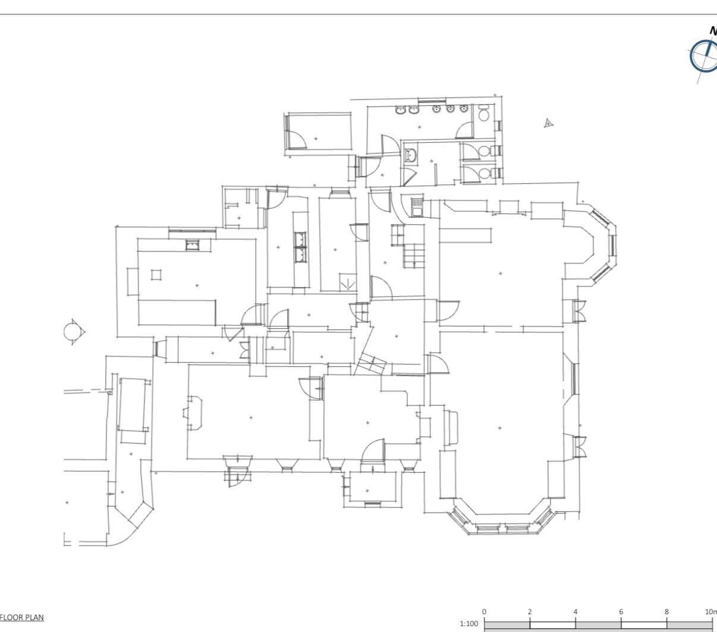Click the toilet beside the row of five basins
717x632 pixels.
[x=483, y=112]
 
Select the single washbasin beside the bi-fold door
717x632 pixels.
[x=411, y=156]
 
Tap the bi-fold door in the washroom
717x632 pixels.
[x=408, y=176]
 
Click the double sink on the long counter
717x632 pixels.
[x=301, y=247]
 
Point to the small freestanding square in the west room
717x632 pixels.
[x=156, y=275]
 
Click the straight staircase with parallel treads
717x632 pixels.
[x=414, y=256]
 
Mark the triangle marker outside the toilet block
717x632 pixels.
[x=549, y=123]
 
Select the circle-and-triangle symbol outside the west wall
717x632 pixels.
[x=74, y=331]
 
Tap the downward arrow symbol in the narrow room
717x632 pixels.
[x=348, y=283]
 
